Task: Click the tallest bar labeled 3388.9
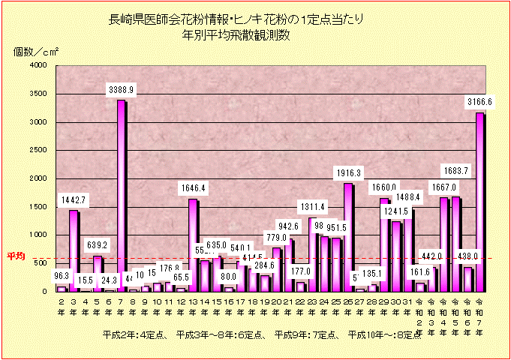pyautogui.click(x=121, y=195)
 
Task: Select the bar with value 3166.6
pyautogui.click(x=480, y=202)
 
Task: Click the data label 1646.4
pyautogui.click(x=193, y=187)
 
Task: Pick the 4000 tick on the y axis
pyautogui.click(x=38, y=65)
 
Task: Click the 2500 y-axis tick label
pyautogui.click(x=38, y=150)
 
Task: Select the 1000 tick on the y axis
pyautogui.click(x=38, y=235)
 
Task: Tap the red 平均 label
pyautogui.click(x=16, y=256)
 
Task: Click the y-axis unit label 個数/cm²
pyautogui.click(x=36, y=52)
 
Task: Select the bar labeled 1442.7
pyautogui.click(x=73, y=250)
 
